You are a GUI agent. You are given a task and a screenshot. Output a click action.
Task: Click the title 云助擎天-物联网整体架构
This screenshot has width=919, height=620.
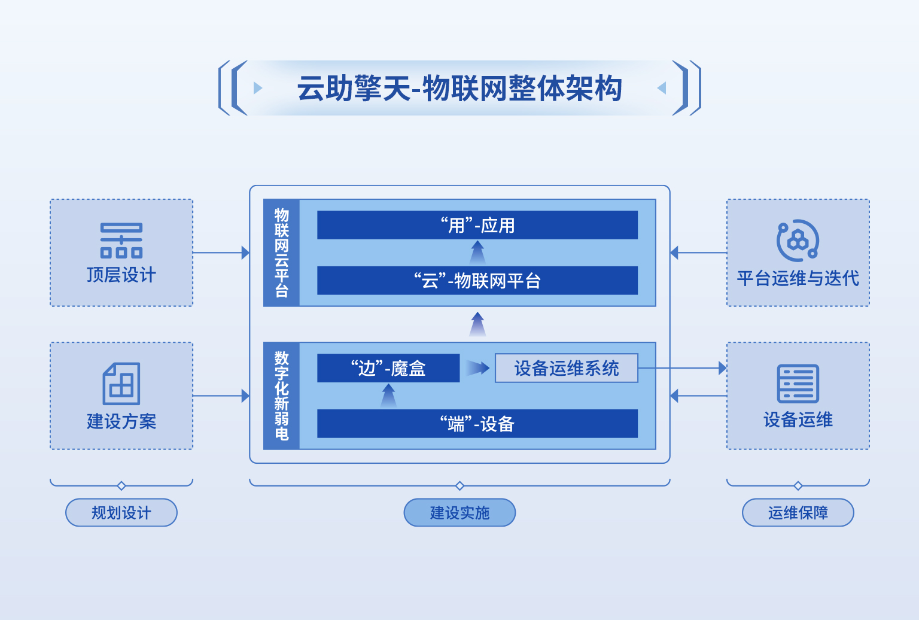(x=459, y=88)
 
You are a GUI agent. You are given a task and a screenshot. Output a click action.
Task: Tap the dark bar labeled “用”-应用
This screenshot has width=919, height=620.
(x=477, y=225)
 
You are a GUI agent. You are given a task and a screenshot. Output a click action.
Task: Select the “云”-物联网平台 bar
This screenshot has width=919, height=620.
(x=477, y=281)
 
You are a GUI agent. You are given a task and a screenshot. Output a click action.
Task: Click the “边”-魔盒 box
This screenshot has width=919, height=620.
(x=388, y=368)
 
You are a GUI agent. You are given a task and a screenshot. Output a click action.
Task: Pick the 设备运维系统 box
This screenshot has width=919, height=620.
(x=567, y=368)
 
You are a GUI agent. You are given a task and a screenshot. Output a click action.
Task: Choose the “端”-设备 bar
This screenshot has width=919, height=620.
(x=477, y=424)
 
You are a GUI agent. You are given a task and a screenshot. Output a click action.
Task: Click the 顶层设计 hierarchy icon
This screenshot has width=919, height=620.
(x=121, y=241)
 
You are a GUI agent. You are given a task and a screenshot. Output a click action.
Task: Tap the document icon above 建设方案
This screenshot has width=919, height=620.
(x=121, y=384)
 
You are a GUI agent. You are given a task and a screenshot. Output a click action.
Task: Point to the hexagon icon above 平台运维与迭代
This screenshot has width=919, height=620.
(x=798, y=241)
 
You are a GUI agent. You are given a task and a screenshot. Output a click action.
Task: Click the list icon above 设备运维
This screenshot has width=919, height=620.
(x=798, y=384)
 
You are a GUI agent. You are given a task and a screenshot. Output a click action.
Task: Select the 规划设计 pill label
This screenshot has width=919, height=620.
(x=121, y=512)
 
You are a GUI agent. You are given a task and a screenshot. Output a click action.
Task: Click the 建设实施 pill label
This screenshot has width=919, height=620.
(x=459, y=512)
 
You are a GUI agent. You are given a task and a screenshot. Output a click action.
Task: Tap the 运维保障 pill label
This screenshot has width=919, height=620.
(x=798, y=512)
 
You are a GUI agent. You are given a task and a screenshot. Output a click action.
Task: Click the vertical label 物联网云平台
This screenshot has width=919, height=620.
(x=281, y=253)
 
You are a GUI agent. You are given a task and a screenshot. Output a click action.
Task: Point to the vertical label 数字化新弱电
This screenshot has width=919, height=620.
(x=281, y=396)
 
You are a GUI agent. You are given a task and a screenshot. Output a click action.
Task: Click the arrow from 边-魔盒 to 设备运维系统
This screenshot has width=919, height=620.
(x=477, y=368)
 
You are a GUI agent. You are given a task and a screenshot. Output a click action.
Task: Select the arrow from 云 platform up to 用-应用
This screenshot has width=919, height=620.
(x=477, y=253)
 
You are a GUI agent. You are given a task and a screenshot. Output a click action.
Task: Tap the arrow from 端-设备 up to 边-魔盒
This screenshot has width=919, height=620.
(x=388, y=396)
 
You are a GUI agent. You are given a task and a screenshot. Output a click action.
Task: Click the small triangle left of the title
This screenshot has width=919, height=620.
(x=258, y=88)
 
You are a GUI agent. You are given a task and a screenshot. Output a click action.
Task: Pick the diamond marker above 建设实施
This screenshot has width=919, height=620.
(x=459, y=486)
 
